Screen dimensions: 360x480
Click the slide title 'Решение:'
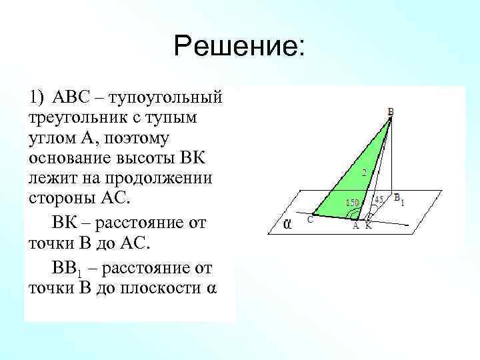point(239,46)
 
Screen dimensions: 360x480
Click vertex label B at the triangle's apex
point(391,113)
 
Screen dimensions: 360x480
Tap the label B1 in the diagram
point(399,199)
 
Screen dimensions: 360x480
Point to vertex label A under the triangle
point(356,225)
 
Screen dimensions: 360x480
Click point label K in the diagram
point(368,225)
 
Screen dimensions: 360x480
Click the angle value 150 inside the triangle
point(352,202)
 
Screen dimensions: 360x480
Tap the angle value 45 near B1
point(379,199)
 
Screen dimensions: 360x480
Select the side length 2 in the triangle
point(363,173)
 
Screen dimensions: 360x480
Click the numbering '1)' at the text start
point(37,98)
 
